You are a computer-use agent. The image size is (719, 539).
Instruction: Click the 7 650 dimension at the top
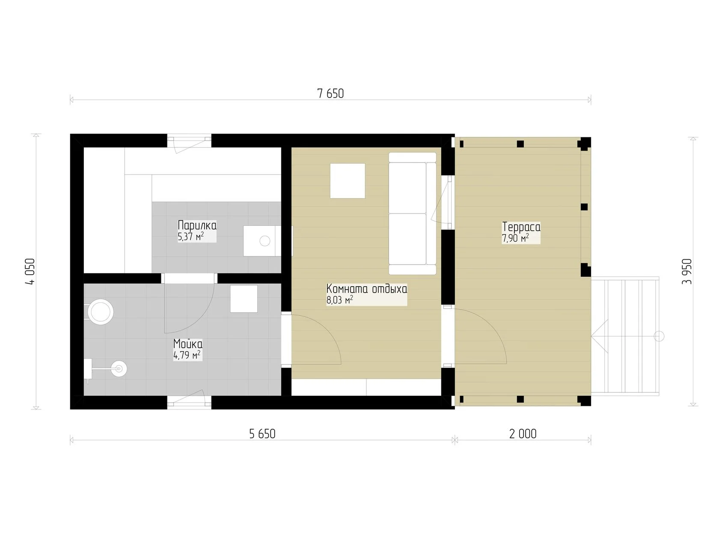(330, 94)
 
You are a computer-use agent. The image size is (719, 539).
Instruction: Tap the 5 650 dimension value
(262, 434)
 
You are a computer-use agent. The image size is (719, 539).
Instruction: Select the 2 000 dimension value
(523, 434)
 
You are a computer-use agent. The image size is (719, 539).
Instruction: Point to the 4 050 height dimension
(30, 271)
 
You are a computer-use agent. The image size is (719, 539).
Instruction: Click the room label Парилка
(197, 225)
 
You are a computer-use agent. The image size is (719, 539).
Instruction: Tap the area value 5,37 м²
(190, 236)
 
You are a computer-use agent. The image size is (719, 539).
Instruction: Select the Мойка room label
(188, 344)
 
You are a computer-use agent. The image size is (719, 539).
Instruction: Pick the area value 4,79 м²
(187, 355)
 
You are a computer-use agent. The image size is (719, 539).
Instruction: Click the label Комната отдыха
(366, 289)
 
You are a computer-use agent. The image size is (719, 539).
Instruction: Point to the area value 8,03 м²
(340, 300)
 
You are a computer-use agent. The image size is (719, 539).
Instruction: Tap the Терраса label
(521, 227)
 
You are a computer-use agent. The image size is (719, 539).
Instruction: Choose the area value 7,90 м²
(515, 238)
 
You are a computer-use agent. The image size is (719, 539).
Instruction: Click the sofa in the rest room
(413, 213)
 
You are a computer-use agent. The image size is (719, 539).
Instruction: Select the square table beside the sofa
(348, 181)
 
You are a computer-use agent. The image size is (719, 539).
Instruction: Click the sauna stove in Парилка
(262, 241)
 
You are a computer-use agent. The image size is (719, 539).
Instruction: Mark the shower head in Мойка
(119, 369)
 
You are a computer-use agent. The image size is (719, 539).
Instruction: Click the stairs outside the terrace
(625, 336)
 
